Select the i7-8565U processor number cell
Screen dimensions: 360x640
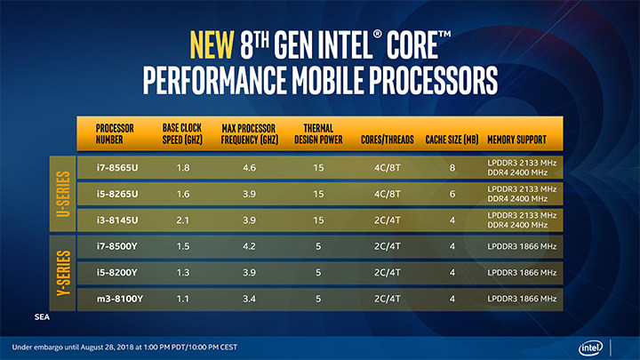click(116, 166)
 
